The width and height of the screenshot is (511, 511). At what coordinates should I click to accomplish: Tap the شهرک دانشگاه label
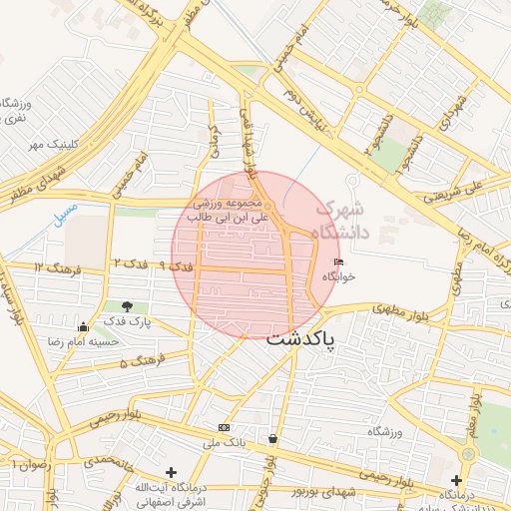tap(340, 221)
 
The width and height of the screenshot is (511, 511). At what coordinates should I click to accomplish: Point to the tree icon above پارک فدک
tap(126, 306)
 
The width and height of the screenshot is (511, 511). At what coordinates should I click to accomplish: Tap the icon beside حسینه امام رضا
tap(81, 326)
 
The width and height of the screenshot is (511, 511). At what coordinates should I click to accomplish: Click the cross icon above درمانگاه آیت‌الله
tap(171, 472)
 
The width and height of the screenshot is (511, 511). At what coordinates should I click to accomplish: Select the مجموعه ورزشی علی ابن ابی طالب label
tap(231, 208)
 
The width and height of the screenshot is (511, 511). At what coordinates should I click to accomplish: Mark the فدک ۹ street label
tap(176, 266)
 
